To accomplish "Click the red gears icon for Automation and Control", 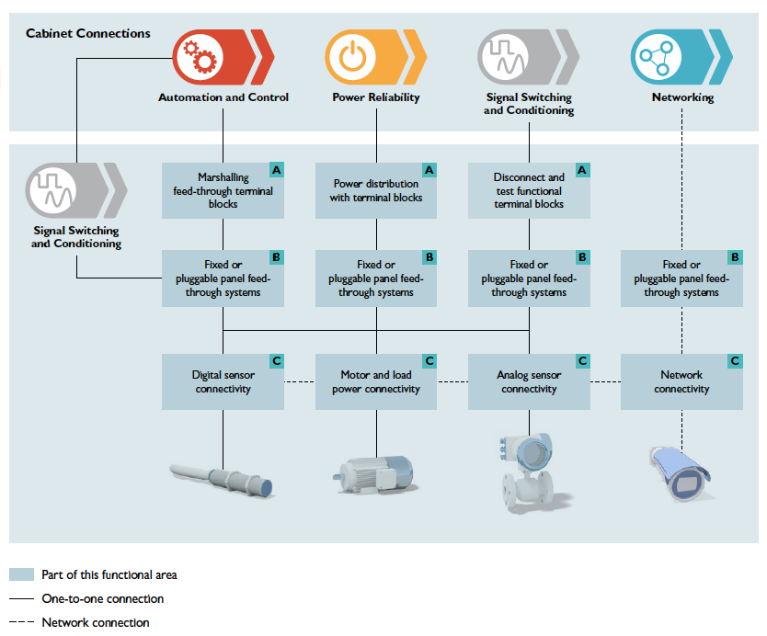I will pyautogui.click(x=199, y=56).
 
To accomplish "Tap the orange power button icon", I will pyautogui.click(x=351, y=56).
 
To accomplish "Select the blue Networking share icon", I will pyautogui.click(x=657, y=56).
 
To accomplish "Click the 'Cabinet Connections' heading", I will pyautogui.click(x=87, y=34).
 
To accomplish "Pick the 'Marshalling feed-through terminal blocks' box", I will pyautogui.click(x=223, y=190).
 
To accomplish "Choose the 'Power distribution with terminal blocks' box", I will pyautogui.click(x=375, y=190).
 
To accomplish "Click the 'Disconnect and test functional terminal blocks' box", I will pyautogui.click(x=529, y=190).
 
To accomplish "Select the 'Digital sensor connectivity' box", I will pyautogui.click(x=223, y=381).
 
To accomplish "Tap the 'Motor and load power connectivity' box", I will pyautogui.click(x=375, y=381).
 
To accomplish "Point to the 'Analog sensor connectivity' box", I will pyautogui.click(x=529, y=381).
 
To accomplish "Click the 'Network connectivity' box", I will pyautogui.click(x=681, y=381).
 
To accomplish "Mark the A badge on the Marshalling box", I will pyautogui.click(x=276, y=170).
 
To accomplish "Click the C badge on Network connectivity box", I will pyautogui.click(x=735, y=361).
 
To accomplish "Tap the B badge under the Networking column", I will pyautogui.click(x=735, y=257).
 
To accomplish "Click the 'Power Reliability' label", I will pyautogui.click(x=375, y=97).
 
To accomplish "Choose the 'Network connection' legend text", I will pyautogui.click(x=95, y=622).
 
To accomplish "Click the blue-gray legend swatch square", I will pyautogui.click(x=21, y=574).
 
